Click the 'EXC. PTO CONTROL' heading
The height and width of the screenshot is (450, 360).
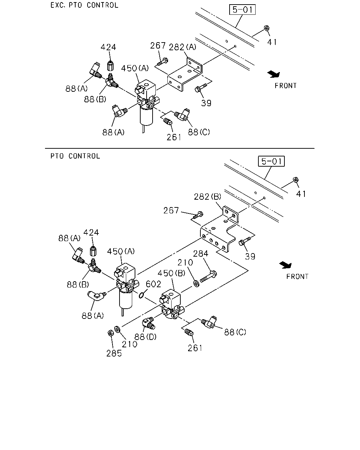click(84, 5)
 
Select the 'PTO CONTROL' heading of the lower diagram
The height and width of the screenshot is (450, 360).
click(75, 156)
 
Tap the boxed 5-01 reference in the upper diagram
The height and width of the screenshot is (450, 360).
click(242, 9)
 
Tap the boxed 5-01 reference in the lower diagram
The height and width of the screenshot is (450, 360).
click(271, 161)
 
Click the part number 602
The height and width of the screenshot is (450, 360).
click(153, 284)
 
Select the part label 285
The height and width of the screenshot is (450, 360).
click(114, 353)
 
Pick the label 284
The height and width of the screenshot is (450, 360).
click(201, 253)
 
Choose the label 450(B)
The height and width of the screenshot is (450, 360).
click(171, 273)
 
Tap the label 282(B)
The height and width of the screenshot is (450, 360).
click(207, 197)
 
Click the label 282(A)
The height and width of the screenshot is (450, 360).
click(182, 47)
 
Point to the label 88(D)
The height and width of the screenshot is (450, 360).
click(146, 337)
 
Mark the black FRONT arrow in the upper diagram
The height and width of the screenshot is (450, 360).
click(274, 74)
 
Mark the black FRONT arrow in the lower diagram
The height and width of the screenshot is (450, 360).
click(285, 265)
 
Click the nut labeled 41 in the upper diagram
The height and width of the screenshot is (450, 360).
click(266, 28)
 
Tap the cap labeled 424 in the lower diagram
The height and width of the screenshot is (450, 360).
click(93, 251)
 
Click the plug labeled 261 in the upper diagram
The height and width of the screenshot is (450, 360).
click(168, 121)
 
